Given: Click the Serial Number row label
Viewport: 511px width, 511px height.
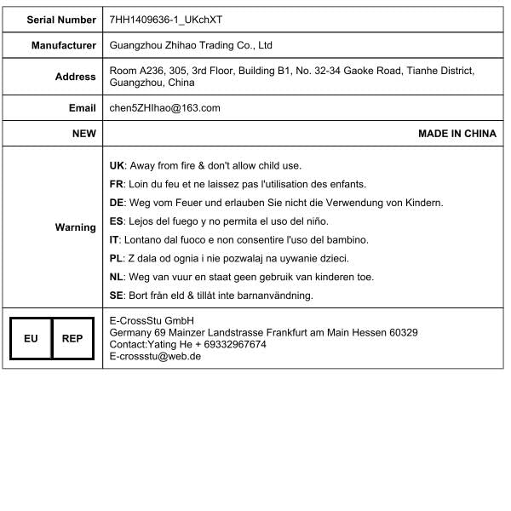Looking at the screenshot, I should coord(61,19).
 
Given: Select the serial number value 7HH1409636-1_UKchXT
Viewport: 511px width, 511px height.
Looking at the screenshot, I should coord(167,19).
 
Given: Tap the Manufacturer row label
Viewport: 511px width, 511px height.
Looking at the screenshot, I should coord(64,45).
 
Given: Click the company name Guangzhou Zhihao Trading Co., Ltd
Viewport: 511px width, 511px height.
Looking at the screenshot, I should coord(191,45).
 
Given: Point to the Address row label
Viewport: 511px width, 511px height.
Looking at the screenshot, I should coord(75,77).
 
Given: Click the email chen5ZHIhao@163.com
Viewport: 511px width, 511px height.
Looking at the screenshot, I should coord(165,108).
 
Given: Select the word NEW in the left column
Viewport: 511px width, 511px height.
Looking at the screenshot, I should coord(83,134).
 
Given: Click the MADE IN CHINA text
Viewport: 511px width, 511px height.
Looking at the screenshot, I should coord(456,134).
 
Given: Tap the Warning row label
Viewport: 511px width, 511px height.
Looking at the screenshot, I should coord(75,227).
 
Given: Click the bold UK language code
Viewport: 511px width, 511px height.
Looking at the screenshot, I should coord(118,165).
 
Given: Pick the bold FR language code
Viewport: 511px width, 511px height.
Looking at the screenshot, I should coord(118,184).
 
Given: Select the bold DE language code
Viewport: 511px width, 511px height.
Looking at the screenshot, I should coord(118,203).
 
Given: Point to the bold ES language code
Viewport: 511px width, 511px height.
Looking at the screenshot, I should coord(118,221).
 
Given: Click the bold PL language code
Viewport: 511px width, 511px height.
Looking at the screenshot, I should coord(118,258).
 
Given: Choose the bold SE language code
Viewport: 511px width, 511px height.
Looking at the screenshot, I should coord(118,296).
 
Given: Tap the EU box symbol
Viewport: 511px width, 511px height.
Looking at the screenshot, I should coord(31,338).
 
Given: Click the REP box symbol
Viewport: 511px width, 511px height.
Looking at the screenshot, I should coord(72,338).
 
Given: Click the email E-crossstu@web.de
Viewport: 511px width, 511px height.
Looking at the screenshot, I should coord(155,357).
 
